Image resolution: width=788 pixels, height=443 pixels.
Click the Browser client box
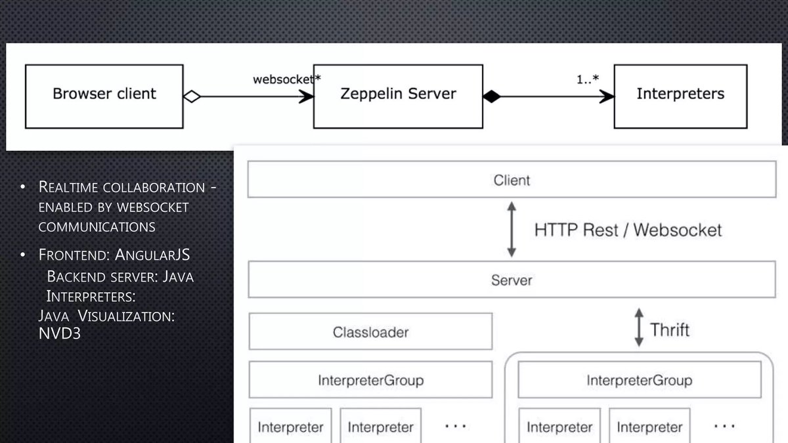[x=104, y=95]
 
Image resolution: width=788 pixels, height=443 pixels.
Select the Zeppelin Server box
[x=398, y=95]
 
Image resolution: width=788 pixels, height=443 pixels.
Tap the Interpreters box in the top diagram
[x=680, y=95]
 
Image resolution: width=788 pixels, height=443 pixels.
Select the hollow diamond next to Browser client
[x=191, y=96]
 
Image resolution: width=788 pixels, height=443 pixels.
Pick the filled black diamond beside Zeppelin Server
[x=491, y=96]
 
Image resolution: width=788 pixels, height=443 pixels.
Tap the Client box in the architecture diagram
[x=511, y=180]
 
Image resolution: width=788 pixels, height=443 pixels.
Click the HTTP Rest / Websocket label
[x=628, y=230]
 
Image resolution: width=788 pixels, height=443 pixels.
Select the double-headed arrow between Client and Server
[x=512, y=230]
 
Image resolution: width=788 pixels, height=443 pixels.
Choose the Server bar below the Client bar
[x=511, y=280]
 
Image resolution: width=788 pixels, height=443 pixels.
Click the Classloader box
[x=370, y=331]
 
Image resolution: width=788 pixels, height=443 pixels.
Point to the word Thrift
[x=670, y=329]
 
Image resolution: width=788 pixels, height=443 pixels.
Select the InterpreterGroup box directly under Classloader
[x=370, y=380]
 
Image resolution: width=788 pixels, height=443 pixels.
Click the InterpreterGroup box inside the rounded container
[x=638, y=380]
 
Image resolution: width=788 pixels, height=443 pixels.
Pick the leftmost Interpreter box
[x=290, y=427]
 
